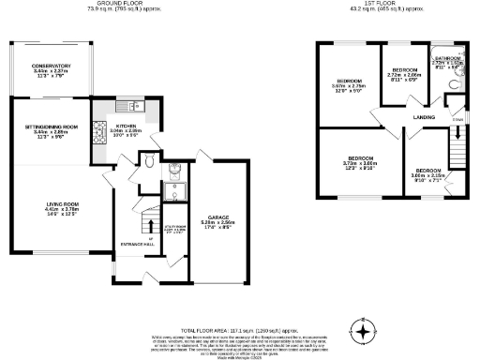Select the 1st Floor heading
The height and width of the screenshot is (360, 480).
tap(382, 4)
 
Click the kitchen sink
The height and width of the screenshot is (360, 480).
tap(132, 105)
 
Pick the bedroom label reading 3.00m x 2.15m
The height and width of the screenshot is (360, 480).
tap(427, 173)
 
